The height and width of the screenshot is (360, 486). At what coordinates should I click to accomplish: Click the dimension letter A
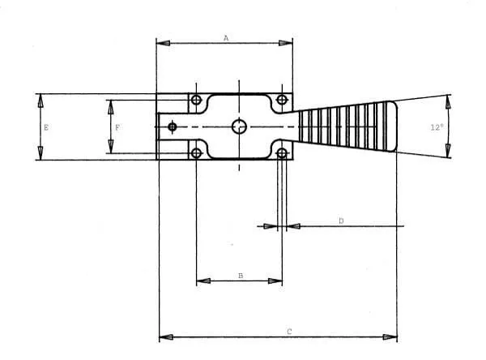point(226,38)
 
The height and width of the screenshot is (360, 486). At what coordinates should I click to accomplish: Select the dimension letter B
point(241,276)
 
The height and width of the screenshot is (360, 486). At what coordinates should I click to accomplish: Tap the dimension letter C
point(289,332)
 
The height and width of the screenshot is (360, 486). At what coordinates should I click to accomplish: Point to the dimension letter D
point(341,221)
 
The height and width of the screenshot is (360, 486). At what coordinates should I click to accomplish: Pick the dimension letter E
point(46,127)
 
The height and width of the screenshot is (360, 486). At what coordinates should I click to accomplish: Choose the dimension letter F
point(117,127)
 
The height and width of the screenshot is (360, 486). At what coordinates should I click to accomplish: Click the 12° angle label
point(437,127)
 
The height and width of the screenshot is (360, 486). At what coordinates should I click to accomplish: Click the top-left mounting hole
point(196,100)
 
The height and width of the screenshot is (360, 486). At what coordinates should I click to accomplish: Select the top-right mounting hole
point(281,100)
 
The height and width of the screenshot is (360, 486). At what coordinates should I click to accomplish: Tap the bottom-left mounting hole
point(196,153)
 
